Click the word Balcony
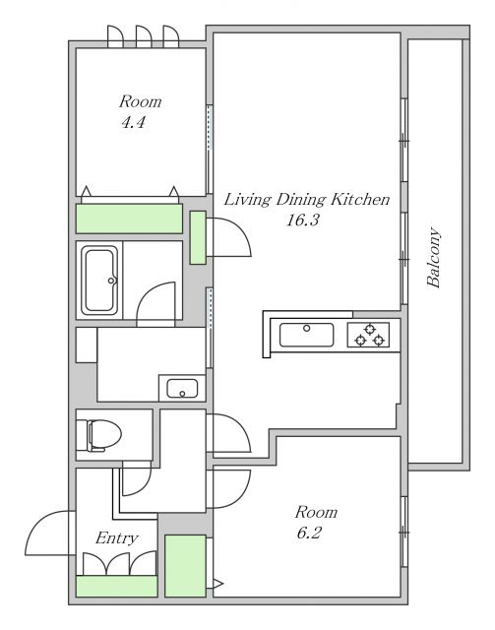pos(434,258)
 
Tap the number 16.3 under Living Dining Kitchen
pos(302,220)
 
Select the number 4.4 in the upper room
pos(133,122)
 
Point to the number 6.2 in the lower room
pos(309,534)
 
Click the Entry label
pos(117,538)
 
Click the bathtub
pos(99,281)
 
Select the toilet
pos(98,435)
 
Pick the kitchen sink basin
pos(307,335)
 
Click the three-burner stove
pos(369,335)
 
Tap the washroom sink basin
pos(182,389)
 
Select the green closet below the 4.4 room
pos(129,219)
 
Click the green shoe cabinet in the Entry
pos(116,587)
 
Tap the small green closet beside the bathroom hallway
pos(198,237)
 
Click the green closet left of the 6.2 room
pos(185,566)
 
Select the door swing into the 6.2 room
pos(231,488)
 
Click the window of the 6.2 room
pos(403,532)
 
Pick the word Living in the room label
pos(247,200)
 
